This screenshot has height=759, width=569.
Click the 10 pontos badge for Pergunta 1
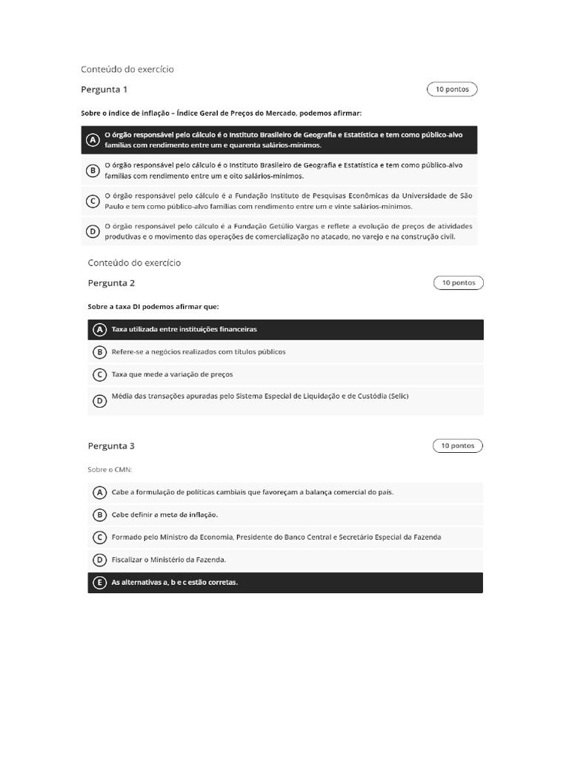(x=452, y=90)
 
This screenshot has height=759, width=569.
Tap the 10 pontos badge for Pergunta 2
(x=459, y=283)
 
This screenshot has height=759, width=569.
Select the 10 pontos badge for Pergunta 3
(x=459, y=446)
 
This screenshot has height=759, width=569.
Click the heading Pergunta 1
(x=104, y=90)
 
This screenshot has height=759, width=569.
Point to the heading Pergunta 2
(x=111, y=283)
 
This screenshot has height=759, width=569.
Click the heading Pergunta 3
(x=111, y=446)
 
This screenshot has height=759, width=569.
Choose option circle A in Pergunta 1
(x=93, y=140)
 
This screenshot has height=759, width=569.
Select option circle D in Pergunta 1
(x=93, y=231)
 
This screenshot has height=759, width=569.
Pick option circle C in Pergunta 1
(x=93, y=201)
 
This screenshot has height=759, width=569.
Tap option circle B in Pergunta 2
(x=99, y=352)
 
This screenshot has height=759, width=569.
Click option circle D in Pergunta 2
(x=99, y=401)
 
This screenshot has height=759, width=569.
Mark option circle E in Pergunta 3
(x=99, y=583)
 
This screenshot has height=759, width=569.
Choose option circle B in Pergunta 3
(x=99, y=514)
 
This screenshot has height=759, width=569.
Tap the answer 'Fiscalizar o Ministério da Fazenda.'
(x=169, y=560)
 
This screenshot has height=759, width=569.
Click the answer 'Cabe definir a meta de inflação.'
(x=164, y=514)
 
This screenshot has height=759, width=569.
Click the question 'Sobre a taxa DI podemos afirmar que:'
(x=153, y=306)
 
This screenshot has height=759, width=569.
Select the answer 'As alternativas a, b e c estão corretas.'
(x=175, y=583)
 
